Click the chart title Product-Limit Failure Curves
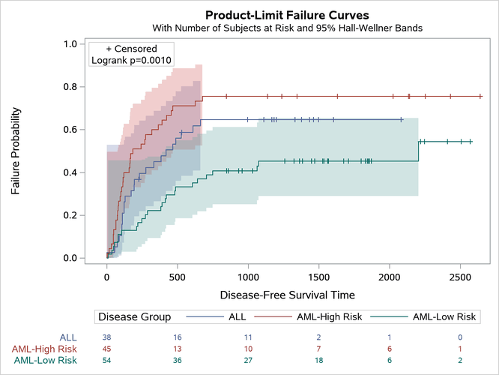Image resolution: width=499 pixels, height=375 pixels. pos(287,14)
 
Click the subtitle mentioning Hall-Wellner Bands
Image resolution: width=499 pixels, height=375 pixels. pos(287,28)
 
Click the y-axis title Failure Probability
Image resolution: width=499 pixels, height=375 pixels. pos(16,151)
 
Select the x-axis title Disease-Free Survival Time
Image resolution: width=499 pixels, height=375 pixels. pos(287,295)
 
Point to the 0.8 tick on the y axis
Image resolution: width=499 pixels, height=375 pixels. pos(69,87)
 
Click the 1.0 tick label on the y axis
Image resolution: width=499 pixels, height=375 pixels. pos(69,44)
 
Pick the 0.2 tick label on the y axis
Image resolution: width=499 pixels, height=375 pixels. pos(69,216)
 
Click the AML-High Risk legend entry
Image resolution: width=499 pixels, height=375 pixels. pos(330,317)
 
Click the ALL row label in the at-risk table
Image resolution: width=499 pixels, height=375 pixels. pos(68,337)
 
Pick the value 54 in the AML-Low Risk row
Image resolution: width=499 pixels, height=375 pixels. pos(107,361)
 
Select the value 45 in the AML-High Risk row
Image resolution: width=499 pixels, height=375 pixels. pos(107,349)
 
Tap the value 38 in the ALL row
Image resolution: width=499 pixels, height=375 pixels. pos(107,337)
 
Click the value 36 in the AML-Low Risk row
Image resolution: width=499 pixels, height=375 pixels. pos(178,361)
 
